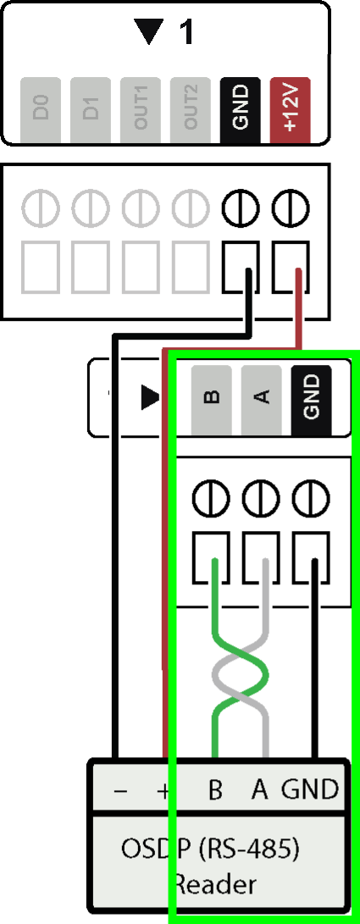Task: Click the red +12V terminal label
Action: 290,110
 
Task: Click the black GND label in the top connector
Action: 241,110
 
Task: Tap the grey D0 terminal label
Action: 41,110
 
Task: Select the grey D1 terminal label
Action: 90,110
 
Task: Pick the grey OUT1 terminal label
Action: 141,110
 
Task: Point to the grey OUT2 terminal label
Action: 191,110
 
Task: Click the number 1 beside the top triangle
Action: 186,32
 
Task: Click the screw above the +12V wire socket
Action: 291,207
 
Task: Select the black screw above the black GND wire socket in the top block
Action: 241,207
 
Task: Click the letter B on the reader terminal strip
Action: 216,789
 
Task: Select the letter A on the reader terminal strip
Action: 260,789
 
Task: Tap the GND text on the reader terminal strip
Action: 310,789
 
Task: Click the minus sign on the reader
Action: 119,791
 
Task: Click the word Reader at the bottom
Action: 215,884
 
